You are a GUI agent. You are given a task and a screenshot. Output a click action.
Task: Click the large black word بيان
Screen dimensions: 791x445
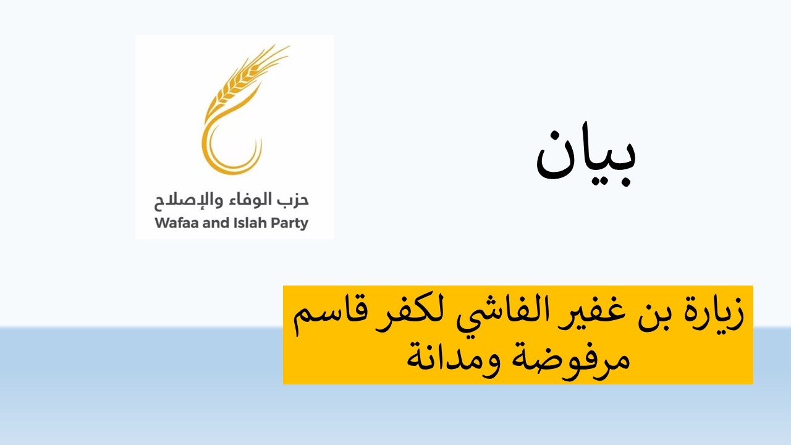click(x=586, y=155)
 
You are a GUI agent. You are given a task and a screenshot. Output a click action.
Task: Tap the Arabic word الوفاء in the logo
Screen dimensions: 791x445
click(x=248, y=200)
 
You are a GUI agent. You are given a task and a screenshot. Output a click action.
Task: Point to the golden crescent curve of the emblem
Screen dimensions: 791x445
click(x=212, y=155)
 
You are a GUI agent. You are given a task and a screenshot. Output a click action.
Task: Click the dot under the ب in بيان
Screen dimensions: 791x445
click(x=624, y=182)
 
